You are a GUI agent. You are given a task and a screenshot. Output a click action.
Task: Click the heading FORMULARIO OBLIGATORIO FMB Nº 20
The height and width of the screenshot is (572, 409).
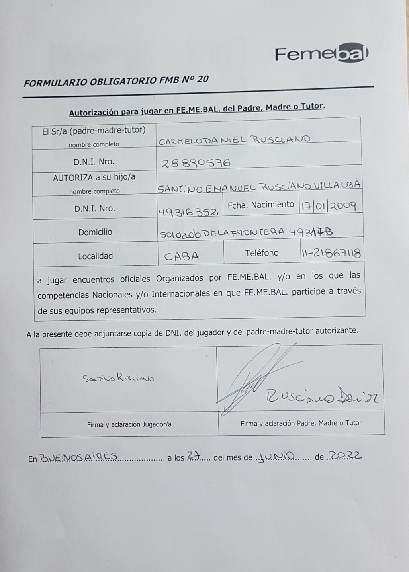tap(116, 81)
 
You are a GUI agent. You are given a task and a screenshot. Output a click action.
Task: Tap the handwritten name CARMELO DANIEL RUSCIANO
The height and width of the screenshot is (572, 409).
tap(235, 139)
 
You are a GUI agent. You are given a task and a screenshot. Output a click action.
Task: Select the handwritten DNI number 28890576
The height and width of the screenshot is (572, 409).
tap(196, 162)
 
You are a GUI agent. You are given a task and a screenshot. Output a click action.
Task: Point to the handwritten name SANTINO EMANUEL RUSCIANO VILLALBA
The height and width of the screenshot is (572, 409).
tap(259, 186)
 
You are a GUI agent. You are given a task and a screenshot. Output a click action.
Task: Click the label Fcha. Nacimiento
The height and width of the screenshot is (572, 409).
tap(261, 205)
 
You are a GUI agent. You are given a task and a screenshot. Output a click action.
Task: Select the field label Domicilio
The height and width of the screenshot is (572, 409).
tap(95, 232)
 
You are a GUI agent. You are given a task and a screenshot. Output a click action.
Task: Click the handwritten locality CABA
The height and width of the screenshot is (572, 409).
tap(182, 256)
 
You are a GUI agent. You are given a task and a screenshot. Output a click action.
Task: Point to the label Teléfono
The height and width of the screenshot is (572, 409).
tap(262, 253)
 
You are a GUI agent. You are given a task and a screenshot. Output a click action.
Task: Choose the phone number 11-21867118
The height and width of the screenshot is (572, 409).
tap(331, 254)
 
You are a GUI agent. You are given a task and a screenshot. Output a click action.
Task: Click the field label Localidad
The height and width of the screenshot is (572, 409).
tap(95, 256)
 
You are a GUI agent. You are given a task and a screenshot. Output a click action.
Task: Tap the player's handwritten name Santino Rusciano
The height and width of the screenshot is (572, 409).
tap(118, 378)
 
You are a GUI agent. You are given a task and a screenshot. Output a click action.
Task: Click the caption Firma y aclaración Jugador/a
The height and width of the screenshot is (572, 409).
tap(129, 424)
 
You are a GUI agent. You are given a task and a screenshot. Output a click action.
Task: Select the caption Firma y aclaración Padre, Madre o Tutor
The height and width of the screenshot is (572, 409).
tap(301, 423)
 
